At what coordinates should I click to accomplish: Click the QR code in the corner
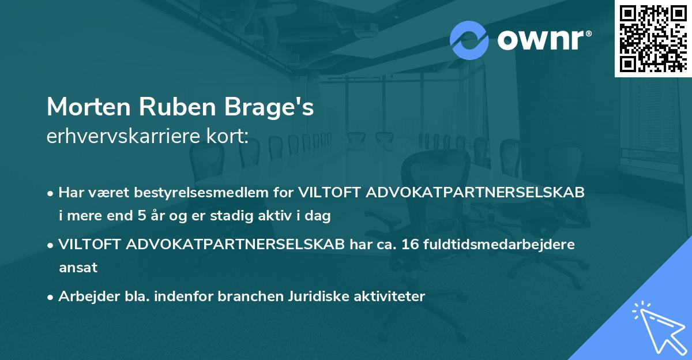[653, 38]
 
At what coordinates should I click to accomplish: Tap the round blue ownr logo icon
[469, 40]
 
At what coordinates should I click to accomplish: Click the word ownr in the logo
[541, 40]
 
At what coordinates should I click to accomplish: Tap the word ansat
[78, 268]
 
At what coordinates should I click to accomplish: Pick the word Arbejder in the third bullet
[83, 297]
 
